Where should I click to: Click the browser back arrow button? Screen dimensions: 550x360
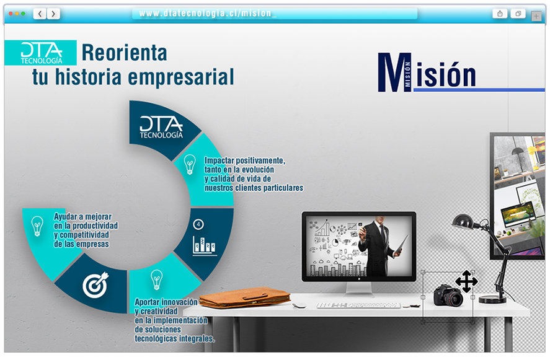(x=40, y=14)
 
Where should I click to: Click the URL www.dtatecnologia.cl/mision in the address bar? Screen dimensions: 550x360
(x=207, y=13)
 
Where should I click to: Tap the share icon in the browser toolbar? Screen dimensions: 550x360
(x=500, y=14)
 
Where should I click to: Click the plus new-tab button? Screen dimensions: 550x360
(x=536, y=16)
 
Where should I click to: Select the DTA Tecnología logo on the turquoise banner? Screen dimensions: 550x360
(x=42, y=53)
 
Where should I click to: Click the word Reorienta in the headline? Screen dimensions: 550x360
(x=124, y=53)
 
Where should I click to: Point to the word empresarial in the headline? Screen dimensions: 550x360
(x=180, y=77)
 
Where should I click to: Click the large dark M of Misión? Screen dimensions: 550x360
(x=394, y=72)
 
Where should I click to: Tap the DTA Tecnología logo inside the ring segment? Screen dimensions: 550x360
(x=161, y=127)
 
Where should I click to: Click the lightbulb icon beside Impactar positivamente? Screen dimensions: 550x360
(x=190, y=164)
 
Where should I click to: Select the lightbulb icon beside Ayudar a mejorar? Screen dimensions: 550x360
(x=37, y=226)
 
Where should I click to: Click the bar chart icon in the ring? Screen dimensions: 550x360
(x=205, y=246)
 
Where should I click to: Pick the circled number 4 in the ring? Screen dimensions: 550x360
(x=198, y=224)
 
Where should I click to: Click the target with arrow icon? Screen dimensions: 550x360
(x=95, y=284)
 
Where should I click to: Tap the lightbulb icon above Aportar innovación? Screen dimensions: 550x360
(x=156, y=279)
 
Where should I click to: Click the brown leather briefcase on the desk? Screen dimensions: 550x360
(x=245, y=298)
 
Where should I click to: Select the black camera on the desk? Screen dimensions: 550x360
(x=448, y=296)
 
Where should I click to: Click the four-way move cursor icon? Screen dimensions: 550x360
(x=466, y=281)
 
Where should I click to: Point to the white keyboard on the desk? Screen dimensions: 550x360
(x=358, y=305)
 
